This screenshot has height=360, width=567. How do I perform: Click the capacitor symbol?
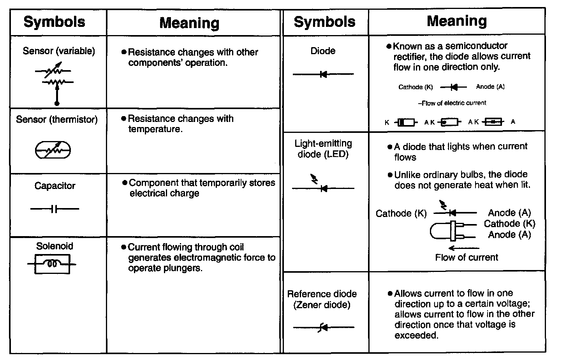coord(55,209)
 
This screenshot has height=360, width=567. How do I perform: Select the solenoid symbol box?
coord(53,264)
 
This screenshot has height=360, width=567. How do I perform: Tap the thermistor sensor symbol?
coord(53,150)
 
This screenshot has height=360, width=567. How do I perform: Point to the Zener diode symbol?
coord(323,327)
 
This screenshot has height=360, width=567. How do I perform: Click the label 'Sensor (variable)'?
coord(59,51)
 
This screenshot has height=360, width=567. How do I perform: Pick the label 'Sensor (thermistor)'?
coord(57,120)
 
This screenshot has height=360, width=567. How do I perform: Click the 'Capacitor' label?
coord(55,186)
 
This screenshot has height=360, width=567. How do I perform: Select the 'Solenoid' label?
coord(55,246)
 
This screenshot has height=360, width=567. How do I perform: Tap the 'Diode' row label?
coord(323,51)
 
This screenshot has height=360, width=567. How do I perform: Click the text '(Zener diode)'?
coord(322,305)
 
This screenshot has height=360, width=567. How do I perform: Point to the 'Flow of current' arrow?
coord(463,248)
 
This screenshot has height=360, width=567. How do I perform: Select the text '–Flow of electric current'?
coord(452,103)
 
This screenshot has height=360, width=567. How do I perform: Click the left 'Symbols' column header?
coord(55,22)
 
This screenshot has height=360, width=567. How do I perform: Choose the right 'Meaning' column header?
coord(457,21)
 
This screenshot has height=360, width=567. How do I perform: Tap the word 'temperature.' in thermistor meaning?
coord(155,129)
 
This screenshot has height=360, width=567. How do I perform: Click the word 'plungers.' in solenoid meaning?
coord(183,268)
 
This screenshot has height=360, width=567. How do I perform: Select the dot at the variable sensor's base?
coord(57,104)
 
